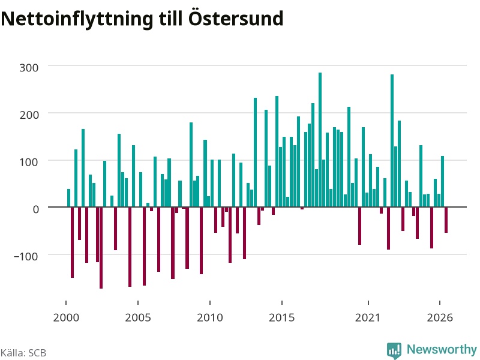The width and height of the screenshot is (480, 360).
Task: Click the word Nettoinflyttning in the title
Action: pyautogui.click(x=77, y=19)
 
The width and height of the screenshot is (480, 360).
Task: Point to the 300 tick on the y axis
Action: pyautogui.click(x=29, y=68)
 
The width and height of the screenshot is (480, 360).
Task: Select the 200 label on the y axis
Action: pyautogui.click(x=29, y=115)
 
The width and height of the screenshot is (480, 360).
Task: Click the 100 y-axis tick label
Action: pyautogui.click(x=29, y=162)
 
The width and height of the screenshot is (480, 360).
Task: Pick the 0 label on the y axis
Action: pyautogui.click(x=36, y=209)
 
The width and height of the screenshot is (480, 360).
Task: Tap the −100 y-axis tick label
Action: pyautogui.click(x=26, y=257)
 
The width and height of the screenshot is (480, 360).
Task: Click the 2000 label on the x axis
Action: pyautogui.click(x=66, y=317)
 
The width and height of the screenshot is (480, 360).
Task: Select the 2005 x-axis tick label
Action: pyautogui.click(x=138, y=317)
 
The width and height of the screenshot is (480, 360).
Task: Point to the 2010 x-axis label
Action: pyautogui.click(x=210, y=317)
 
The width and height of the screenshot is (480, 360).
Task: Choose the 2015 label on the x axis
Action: pyautogui.click(x=282, y=317)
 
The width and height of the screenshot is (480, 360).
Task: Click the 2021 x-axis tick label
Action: pyautogui.click(x=368, y=317)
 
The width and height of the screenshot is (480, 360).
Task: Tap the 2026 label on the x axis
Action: pyautogui.click(x=440, y=317)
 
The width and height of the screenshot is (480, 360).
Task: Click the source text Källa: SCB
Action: pyautogui.click(x=23, y=353)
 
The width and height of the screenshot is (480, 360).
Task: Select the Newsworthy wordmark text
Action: pyautogui.click(x=442, y=349)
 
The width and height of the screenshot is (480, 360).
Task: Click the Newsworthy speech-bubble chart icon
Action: pyautogui.click(x=394, y=350)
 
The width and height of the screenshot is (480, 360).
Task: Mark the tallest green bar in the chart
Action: pyautogui.click(x=320, y=140)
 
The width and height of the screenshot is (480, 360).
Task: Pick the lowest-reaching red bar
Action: pyautogui.click(x=101, y=248)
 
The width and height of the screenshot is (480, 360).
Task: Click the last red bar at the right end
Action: pyautogui.click(x=446, y=220)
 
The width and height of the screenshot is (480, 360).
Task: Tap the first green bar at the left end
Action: pyautogui.click(x=68, y=198)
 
